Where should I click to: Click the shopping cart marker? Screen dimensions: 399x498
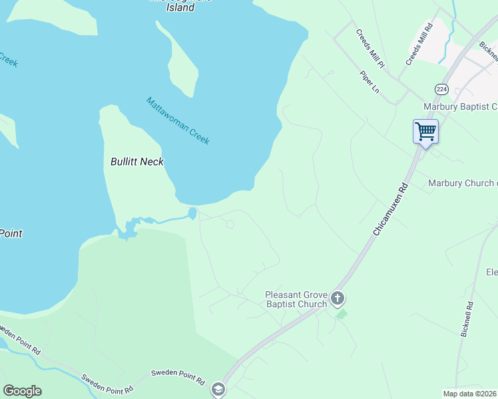pyautogui.click(x=425, y=130)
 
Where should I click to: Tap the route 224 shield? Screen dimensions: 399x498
pyautogui.click(x=441, y=88)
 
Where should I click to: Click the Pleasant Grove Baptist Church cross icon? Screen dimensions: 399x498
pyautogui.click(x=338, y=298)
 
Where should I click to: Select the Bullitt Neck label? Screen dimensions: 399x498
pyautogui.click(x=137, y=162)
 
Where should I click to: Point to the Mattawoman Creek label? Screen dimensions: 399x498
pyautogui.click(x=178, y=121)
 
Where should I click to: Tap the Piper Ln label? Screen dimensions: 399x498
pyautogui.click(x=369, y=82)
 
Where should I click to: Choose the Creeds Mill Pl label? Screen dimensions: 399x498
pyautogui.click(x=370, y=49)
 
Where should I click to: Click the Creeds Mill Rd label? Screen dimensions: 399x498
pyautogui.click(x=419, y=44)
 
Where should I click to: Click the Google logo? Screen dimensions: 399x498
pyautogui.click(x=22, y=391)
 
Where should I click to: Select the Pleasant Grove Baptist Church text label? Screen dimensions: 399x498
pyautogui.click(x=296, y=299)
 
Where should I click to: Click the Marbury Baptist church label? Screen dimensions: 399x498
pyautogui.click(x=460, y=106)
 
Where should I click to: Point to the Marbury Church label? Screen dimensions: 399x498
pyautogui.click(x=462, y=183)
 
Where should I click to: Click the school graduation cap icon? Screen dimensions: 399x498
pyautogui.click(x=218, y=389)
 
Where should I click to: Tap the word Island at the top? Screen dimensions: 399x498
pyautogui.click(x=181, y=8)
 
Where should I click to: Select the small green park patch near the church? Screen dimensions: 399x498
pyautogui.click(x=341, y=314)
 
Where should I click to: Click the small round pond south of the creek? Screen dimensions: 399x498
pyautogui.click(x=192, y=213)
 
